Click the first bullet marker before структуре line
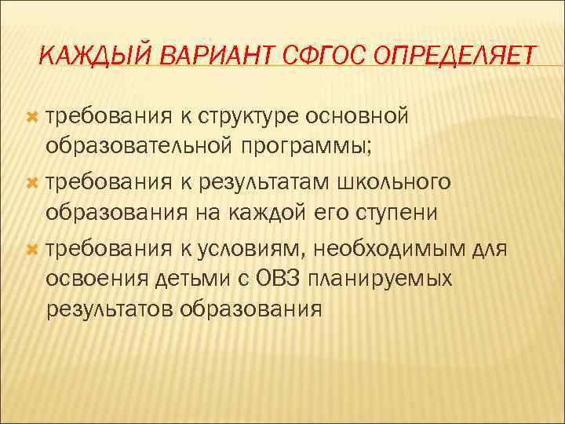click(x=32, y=117)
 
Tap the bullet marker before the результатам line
click(x=32, y=183)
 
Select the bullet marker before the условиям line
click(x=32, y=249)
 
